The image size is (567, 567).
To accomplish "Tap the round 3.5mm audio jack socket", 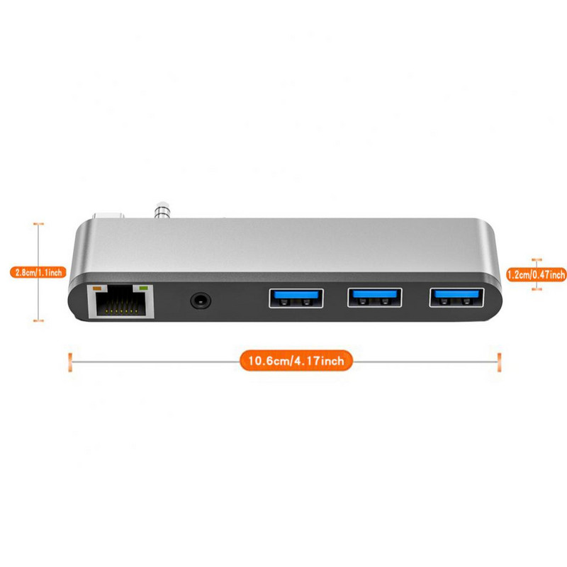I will click(x=201, y=301).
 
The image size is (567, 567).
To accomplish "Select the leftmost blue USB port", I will click(x=296, y=298).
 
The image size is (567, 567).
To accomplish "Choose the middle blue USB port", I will click(x=374, y=298).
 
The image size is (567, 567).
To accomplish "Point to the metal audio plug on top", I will click(x=162, y=210).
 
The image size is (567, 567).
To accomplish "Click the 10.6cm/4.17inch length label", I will click(x=296, y=361).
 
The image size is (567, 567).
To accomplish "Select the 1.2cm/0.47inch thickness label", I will click(x=537, y=275).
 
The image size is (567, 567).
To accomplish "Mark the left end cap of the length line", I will click(x=69, y=361).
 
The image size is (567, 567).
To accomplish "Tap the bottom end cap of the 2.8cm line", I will click(x=39, y=320).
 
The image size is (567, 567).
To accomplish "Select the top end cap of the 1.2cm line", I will click(x=537, y=260).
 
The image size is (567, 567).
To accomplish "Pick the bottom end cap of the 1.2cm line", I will click(x=537, y=288).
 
